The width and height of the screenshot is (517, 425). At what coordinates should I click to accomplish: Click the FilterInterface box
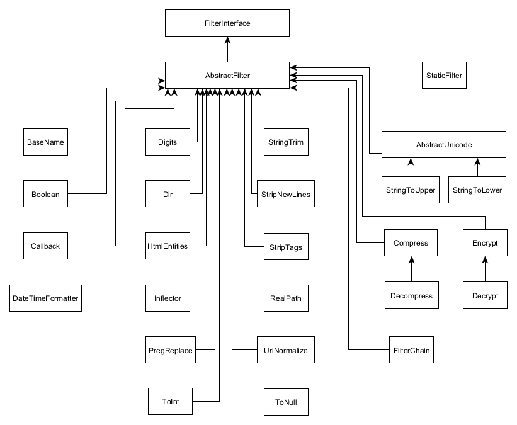click(227, 23)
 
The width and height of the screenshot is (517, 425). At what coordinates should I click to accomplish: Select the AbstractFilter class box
click(227, 75)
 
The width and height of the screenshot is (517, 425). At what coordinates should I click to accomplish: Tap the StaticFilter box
click(444, 75)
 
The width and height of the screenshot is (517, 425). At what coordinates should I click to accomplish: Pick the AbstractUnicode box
click(444, 144)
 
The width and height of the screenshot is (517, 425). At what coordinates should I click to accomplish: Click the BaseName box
click(45, 142)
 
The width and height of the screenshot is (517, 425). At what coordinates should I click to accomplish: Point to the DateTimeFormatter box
click(45, 298)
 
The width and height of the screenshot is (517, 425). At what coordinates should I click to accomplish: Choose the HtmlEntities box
click(168, 246)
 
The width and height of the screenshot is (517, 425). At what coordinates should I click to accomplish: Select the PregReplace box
click(171, 350)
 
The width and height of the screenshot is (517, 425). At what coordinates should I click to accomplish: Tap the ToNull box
click(286, 402)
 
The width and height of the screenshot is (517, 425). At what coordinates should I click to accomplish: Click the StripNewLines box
click(285, 193)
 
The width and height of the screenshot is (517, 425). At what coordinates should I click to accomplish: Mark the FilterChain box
click(411, 350)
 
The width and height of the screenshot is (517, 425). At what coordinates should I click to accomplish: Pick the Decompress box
click(411, 295)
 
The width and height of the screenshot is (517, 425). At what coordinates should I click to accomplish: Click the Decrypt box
click(485, 295)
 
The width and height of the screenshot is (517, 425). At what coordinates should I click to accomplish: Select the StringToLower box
click(477, 190)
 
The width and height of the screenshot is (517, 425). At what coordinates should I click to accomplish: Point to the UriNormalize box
click(285, 350)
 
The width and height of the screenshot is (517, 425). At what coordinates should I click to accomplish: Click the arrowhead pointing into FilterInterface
click(227, 40)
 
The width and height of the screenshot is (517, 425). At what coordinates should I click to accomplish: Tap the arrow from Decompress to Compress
click(411, 269)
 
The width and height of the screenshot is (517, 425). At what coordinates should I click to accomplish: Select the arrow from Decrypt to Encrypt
click(485, 269)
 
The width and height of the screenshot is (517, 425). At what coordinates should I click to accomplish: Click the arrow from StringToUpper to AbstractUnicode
click(411, 167)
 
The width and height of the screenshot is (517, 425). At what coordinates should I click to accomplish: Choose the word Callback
click(45, 246)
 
